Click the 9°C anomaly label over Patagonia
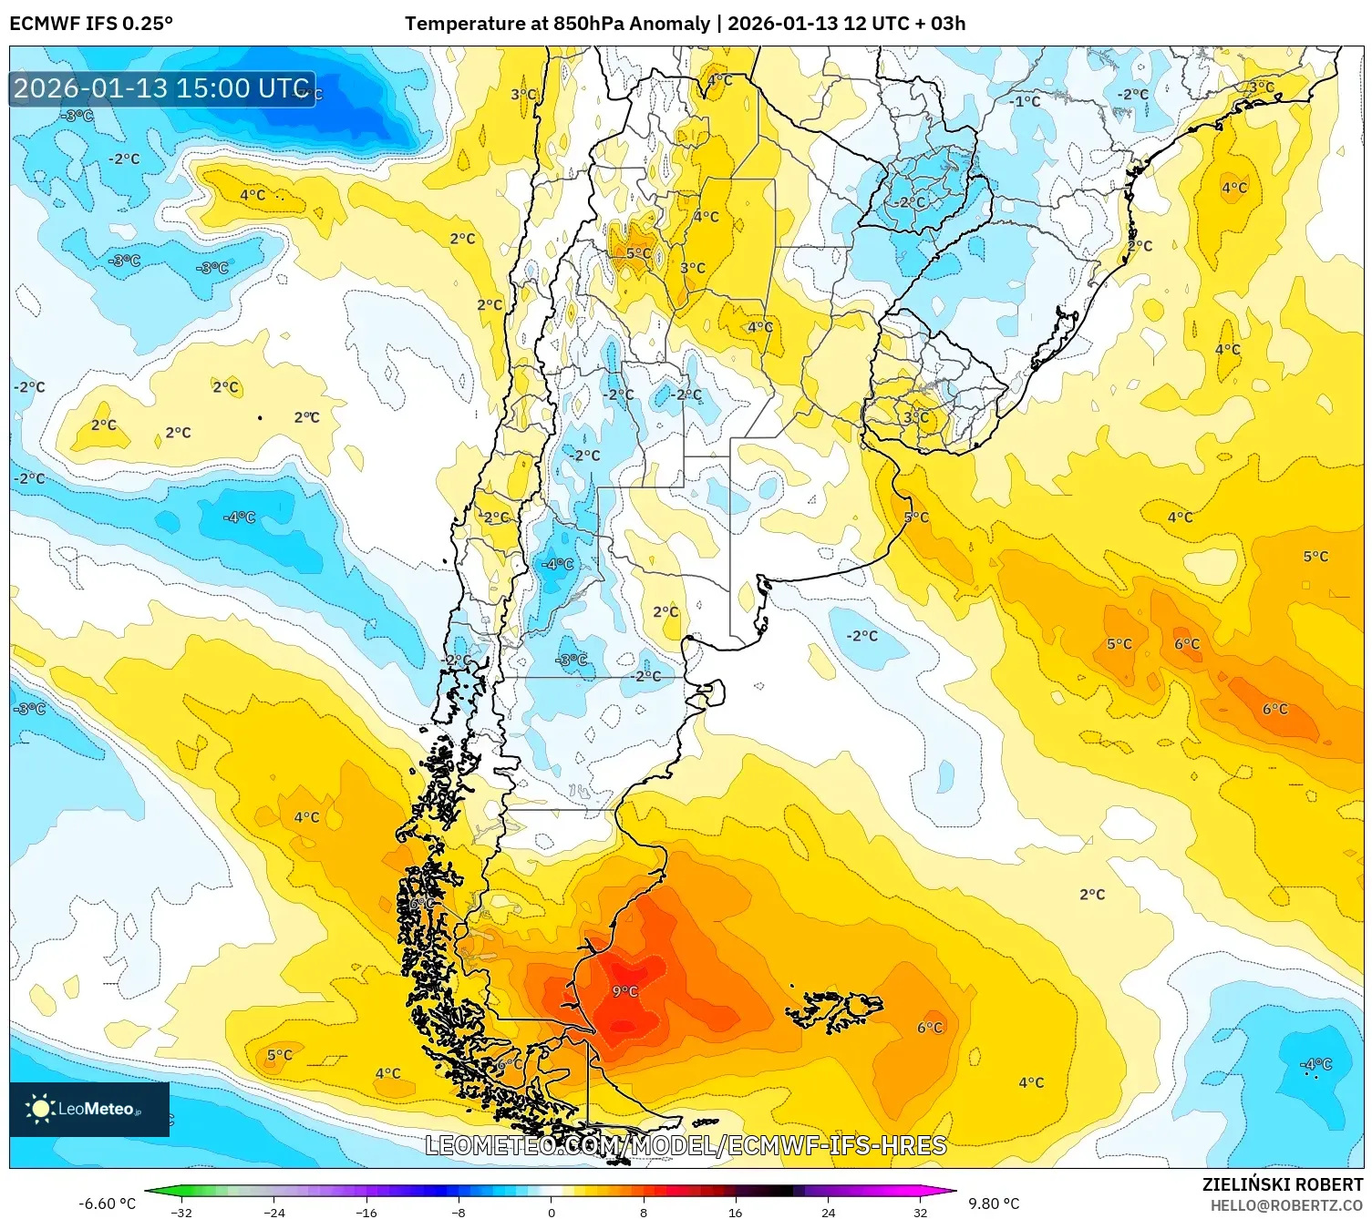pyautogui.click(x=625, y=991)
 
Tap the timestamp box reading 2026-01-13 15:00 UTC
pyautogui.click(x=162, y=88)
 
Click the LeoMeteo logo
pyautogui.click(x=88, y=1109)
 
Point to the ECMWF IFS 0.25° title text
pyautogui.click(x=91, y=24)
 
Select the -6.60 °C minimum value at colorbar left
pyautogui.click(x=107, y=1204)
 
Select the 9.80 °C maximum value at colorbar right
pyautogui.click(x=994, y=1204)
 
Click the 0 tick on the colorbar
pyautogui.click(x=551, y=1213)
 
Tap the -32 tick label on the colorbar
pyautogui.click(x=181, y=1213)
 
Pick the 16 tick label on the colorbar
pyautogui.click(x=735, y=1213)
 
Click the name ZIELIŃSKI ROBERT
pyautogui.click(x=1282, y=1184)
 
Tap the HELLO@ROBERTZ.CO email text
pyautogui.click(x=1286, y=1205)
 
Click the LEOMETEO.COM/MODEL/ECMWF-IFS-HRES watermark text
pyautogui.click(x=686, y=1145)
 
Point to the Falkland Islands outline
pyautogui.click(x=834, y=1009)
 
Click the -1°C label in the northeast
pyautogui.click(x=1026, y=101)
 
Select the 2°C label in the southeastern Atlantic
pyautogui.click(x=1091, y=895)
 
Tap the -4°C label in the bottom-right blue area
pyautogui.click(x=1316, y=1064)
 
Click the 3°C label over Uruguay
pyautogui.click(x=916, y=417)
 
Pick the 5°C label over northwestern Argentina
pyautogui.click(x=638, y=253)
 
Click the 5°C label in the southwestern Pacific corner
pyautogui.click(x=279, y=1055)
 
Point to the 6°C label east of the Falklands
pyautogui.click(x=930, y=1028)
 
